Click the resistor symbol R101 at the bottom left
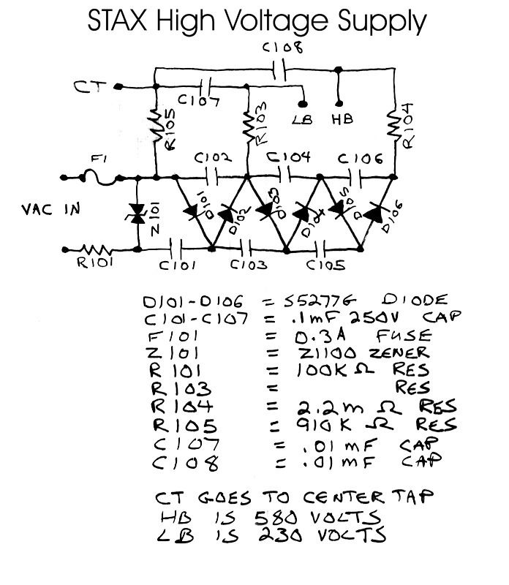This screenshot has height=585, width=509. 96,249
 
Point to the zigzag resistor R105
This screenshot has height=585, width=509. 157,130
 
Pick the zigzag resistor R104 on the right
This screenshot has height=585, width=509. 396,126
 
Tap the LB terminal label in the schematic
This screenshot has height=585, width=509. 301,119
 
